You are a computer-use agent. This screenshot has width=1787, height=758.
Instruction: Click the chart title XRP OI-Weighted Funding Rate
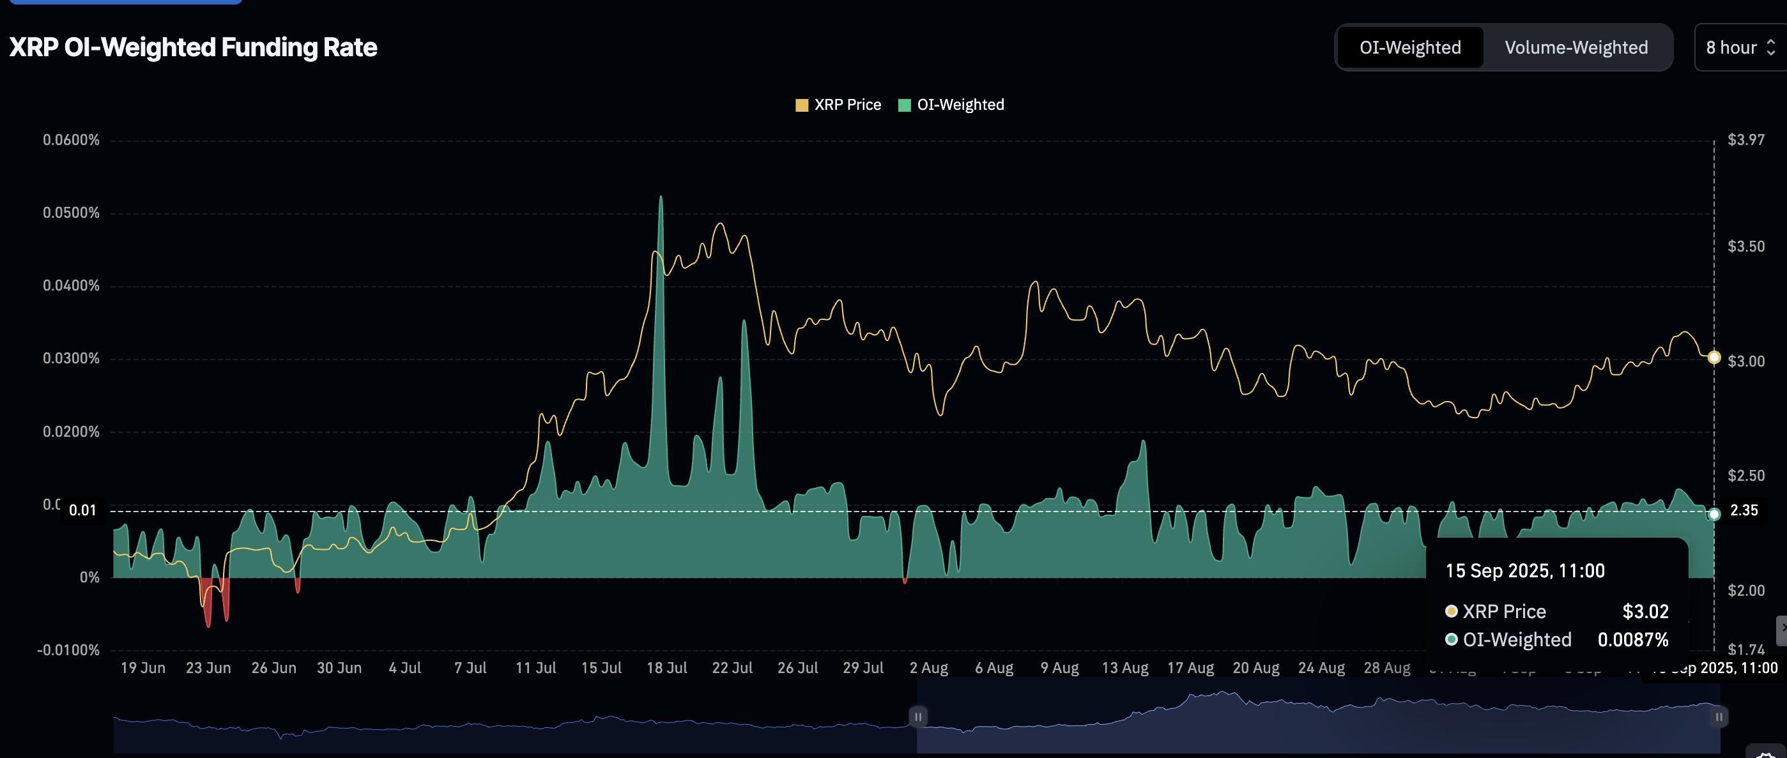(x=193, y=47)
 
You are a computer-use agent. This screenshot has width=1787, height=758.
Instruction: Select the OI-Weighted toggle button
(x=1409, y=47)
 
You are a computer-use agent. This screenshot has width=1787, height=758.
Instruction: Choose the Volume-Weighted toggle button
(x=1576, y=47)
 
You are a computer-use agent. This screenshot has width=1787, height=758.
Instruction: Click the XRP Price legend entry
(x=838, y=105)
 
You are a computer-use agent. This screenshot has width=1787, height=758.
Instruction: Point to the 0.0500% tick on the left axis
(x=71, y=213)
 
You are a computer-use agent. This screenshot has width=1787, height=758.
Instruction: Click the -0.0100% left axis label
(x=68, y=651)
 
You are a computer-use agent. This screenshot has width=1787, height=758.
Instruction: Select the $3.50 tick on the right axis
(x=1746, y=246)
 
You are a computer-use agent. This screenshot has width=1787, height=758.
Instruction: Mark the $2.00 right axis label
(x=1746, y=590)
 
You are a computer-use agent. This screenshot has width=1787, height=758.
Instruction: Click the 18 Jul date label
(x=666, y=668)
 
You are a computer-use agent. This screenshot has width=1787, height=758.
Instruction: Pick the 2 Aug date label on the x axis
(x=929, y=668)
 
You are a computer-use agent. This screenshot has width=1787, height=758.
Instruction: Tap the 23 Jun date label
(x=208, y=668)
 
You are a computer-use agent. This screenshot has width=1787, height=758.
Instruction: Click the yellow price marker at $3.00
(x=1714, y=357)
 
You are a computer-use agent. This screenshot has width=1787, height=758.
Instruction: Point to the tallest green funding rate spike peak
(x=661, y=198)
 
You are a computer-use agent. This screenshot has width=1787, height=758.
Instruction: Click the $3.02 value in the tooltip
(x=1645, y=612)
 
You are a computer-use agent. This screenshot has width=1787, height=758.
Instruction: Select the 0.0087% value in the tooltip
(x=1632, y=639)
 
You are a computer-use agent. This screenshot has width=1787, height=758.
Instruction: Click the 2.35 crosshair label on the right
(x=1744, y=510)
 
